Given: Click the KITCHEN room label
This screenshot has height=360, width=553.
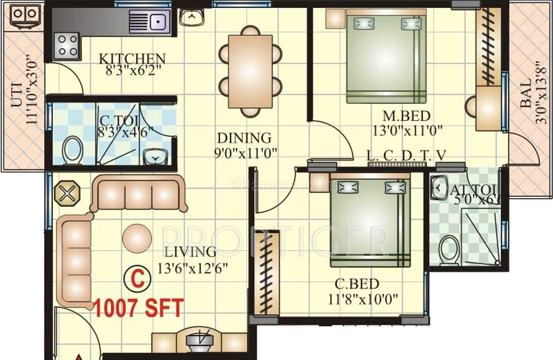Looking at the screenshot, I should click(132, 58).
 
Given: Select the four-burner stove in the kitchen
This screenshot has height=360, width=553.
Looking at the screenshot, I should click(67, 45).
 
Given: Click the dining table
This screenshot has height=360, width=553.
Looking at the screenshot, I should click(250, 71).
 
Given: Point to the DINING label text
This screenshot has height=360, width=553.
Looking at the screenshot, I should click(244, 138).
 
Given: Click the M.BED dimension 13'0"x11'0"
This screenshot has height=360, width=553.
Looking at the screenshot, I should click(407, 131).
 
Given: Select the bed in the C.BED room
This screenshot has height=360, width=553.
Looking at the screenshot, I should click(370, 219).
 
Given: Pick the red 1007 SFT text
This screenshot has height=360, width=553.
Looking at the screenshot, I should click(139, 308).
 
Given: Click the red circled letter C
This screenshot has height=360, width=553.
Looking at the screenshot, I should click(137, 278).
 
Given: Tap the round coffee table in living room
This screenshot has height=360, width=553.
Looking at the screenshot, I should click(137, 238).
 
